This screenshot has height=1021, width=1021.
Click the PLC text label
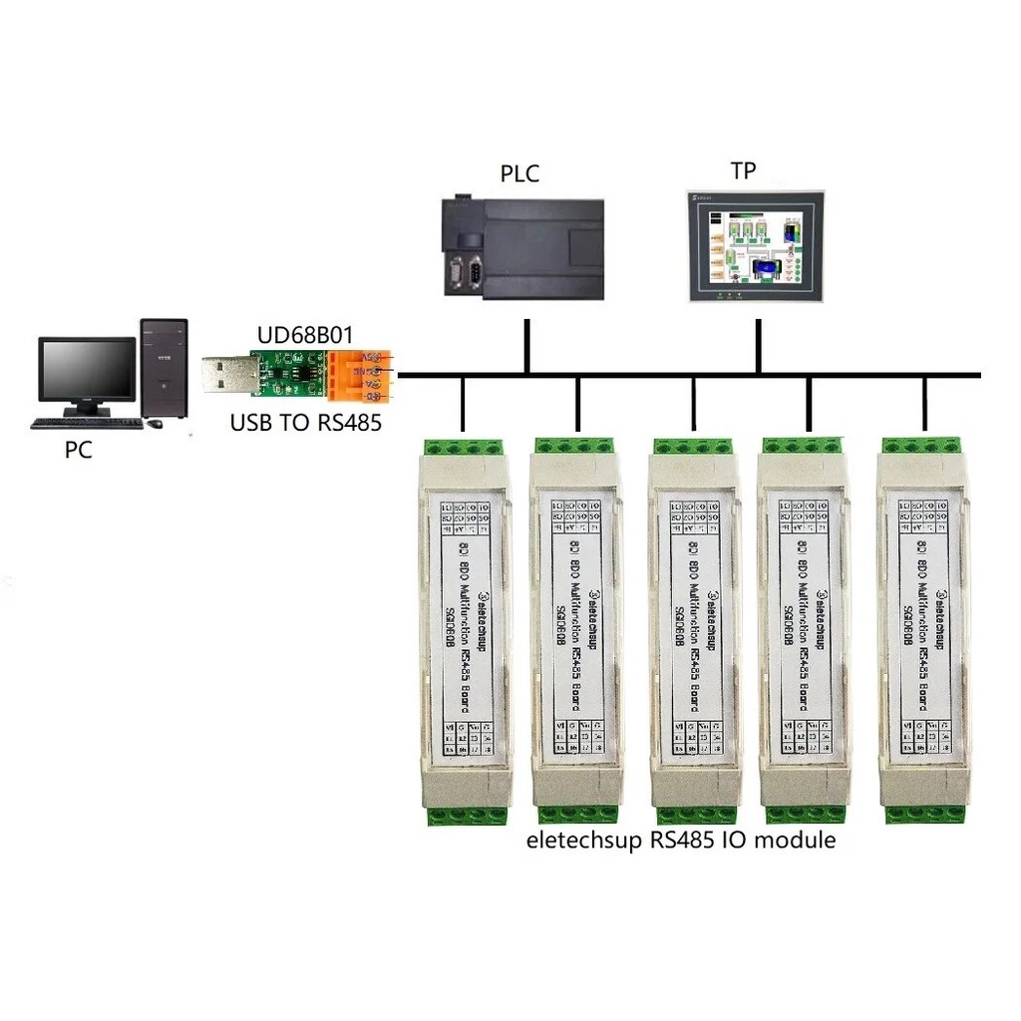[518, 174]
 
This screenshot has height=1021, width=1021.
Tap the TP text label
[743, 170]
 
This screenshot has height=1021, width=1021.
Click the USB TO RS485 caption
[306, 422]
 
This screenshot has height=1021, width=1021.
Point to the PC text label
[78, 450]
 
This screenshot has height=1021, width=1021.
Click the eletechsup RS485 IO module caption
[680, 840]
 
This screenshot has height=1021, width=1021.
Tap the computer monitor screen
[87, 369]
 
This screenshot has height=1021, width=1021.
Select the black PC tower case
[164, 367]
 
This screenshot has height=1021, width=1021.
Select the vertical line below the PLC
[526, 346]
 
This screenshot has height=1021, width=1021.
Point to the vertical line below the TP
[759, 346]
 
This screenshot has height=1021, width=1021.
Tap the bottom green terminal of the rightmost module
[923, 814]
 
